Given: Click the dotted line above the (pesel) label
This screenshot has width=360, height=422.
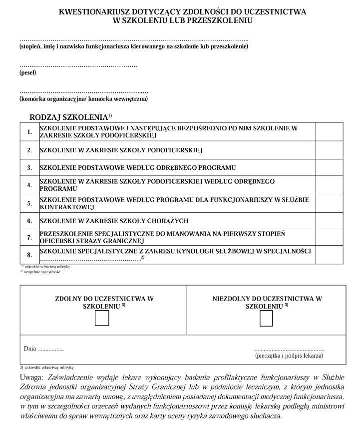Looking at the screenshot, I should [x=78, y=65].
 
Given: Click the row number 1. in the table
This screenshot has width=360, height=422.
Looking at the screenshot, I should [x=29, y=132].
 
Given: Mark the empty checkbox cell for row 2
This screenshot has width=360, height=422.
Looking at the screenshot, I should [x=329, y=150].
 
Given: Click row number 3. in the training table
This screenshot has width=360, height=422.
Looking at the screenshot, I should [x=29, y=167].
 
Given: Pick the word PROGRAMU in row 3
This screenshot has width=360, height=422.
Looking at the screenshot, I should [x=217, y=167].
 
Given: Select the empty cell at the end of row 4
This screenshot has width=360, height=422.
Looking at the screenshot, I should [x=329, y=185].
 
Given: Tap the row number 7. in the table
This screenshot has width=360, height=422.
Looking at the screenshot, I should [x=29, y=238].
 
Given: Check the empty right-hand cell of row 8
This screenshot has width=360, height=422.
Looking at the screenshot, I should [x=329, y=255].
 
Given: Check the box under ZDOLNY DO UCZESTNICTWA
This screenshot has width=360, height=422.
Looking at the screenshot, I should [x=102, y=318].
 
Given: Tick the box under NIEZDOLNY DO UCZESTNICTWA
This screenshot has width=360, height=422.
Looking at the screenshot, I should [x=266, y=318].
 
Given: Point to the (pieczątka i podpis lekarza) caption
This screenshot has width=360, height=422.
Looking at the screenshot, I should [x=289, y=356].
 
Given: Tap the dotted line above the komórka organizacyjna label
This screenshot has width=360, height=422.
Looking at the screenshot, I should [x=84, y=91].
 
